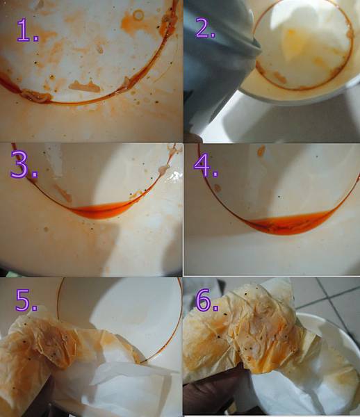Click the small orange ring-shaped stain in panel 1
tap(138, 15)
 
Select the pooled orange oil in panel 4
tap(290, 223)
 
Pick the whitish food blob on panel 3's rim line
tap(164, 168)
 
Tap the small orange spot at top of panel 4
tap(261, 151)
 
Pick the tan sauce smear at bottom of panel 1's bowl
tap(85, 87)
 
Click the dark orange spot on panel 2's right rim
tap(350, 34)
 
